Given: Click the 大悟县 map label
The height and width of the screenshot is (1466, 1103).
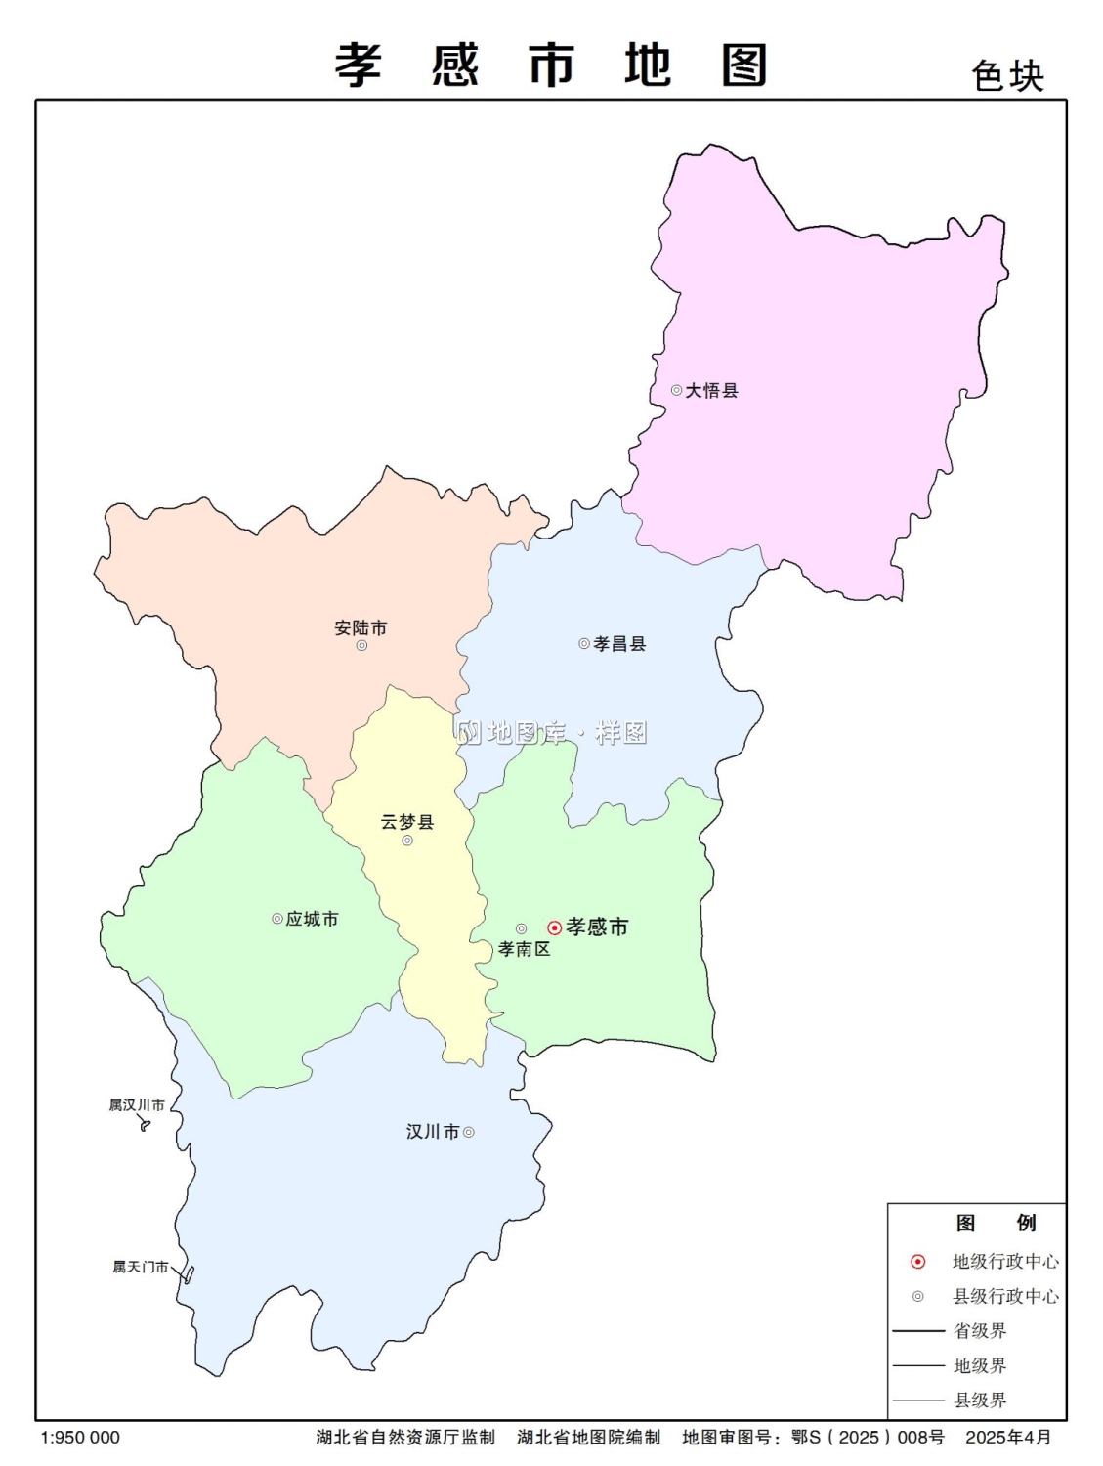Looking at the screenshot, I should (711, 390).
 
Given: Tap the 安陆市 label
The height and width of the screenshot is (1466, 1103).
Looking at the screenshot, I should (361, 627).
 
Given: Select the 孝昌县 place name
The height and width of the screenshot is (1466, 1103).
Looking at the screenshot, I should (619, 643).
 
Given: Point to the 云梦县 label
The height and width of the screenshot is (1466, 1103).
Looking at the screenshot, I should (407, 821).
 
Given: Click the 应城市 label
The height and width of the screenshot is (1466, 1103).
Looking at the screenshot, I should (312, 919).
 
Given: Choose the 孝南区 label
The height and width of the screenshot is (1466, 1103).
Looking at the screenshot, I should (524, 949).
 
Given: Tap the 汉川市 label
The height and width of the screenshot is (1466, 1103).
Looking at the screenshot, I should (432, 1132).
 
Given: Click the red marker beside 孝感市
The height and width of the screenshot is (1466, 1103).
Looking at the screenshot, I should (554, 927).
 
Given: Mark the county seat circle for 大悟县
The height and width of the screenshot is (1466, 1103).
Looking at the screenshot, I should (676, 390).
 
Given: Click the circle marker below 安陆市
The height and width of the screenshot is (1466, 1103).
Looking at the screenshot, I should (361, 645).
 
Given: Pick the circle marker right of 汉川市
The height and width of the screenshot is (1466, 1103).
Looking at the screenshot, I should (469, 1132).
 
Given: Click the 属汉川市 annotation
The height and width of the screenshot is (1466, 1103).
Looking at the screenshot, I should (137, 1105).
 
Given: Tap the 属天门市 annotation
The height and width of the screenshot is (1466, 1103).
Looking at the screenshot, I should (140, 1267).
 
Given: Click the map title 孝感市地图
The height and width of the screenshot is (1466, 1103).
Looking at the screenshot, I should (552, 65).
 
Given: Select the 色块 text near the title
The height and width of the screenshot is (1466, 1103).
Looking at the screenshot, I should (1007, 76).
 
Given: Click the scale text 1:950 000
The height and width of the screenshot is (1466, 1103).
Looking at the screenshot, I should (80, 1438).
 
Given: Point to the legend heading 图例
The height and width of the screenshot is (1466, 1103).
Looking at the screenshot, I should (996, 1223).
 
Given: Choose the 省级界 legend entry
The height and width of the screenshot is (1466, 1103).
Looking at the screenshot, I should (980, 1331).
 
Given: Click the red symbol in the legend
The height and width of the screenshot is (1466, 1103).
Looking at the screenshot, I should (917, 1262).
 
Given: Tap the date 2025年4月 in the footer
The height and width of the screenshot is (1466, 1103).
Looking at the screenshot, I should (1008, 1438).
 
